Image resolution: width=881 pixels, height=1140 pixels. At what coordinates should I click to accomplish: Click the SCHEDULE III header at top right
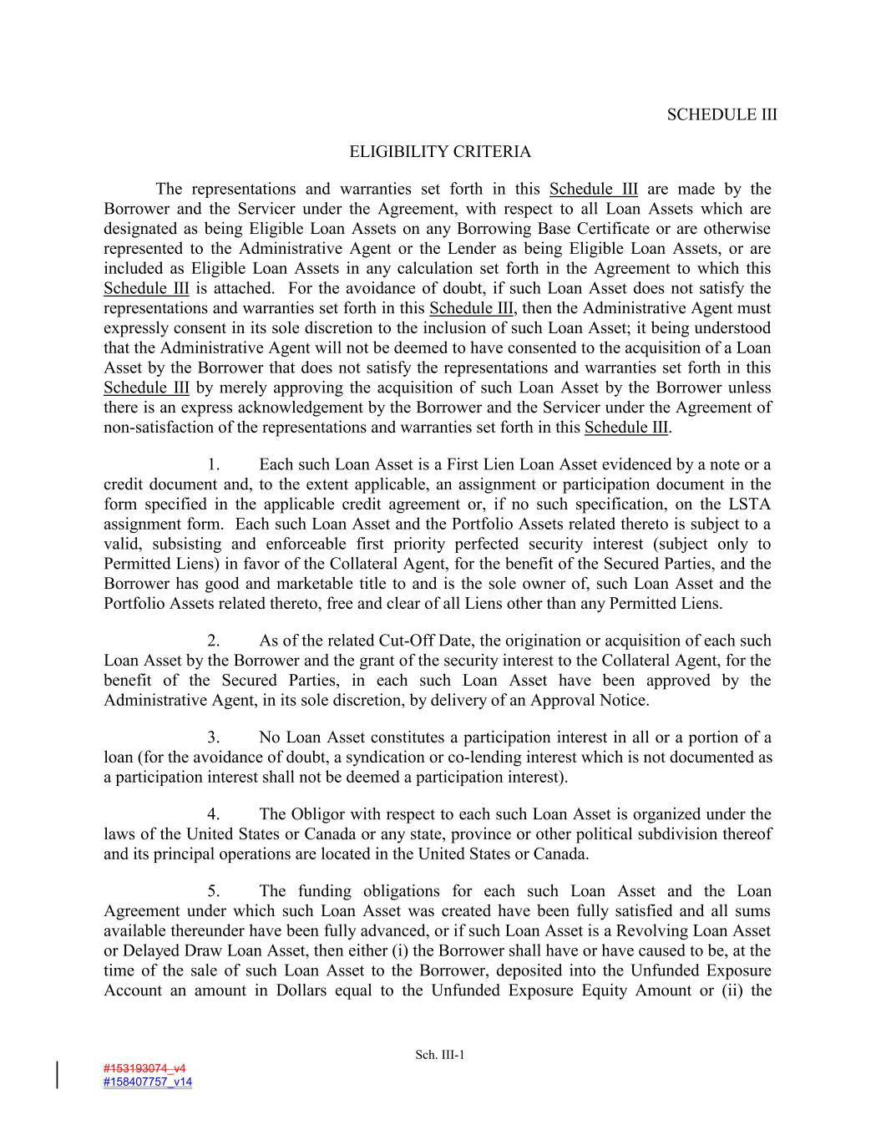[x=722, y=115]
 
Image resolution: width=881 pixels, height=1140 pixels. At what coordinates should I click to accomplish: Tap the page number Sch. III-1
[x=440, y=1055]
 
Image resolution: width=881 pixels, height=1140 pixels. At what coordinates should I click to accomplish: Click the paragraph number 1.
[x=214, y=464]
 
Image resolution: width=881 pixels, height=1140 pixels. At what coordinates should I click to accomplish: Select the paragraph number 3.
[x=214, y=737]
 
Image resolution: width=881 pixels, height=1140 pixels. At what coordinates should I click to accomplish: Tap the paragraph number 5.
[x=214, y=891]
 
